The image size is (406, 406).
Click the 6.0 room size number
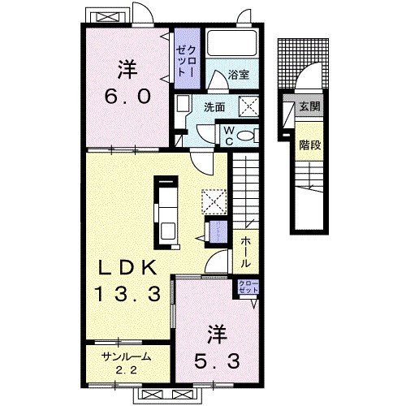pyautogui.click(x=127, y=96)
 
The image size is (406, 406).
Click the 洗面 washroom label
pyautogui.click(x=214, y=106)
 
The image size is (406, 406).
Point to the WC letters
pyautogui.click(x=229, y=134)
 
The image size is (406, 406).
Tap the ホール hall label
pyautogui.click(x=244, y=253)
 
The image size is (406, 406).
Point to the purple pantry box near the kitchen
pyautogui.click(x=217, y=231)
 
